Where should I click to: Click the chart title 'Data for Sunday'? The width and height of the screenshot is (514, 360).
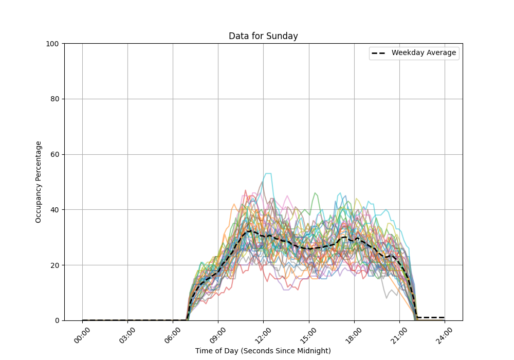(263, 36)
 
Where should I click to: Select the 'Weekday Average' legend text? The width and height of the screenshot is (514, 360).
(424, 53)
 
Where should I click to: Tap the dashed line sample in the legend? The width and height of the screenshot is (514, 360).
(379, 53)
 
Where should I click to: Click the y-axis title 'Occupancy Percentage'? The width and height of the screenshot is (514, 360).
(39, 182)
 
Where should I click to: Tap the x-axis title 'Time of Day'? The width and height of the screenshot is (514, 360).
(263, 351)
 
